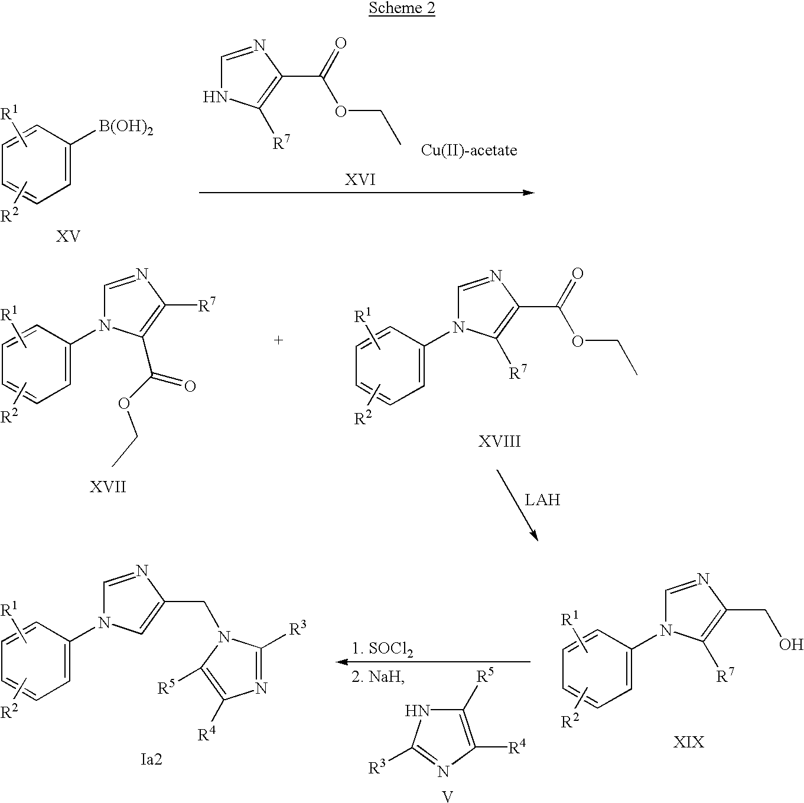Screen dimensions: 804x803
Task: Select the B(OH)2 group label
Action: [x=126, y=126]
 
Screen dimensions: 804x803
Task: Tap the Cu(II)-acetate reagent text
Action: [x=468, y=151]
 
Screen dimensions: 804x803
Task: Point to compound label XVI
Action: [x=360, y=180]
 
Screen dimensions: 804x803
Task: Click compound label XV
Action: [x=68, y=237]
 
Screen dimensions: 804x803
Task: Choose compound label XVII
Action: [x=108, y=487]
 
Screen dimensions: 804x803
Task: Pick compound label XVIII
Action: [x=499, y=441]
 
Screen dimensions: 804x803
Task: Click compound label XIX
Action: [x=688, y=742]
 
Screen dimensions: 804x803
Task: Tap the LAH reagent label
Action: [x=542, y=500]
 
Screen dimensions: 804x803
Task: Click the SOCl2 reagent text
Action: [x=382, y=651]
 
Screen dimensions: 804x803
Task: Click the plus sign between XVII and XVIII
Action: [x=279, y=340]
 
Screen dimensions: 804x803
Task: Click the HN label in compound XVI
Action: [x=215, y=97]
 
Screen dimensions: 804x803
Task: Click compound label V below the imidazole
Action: [x=447, y=796]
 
